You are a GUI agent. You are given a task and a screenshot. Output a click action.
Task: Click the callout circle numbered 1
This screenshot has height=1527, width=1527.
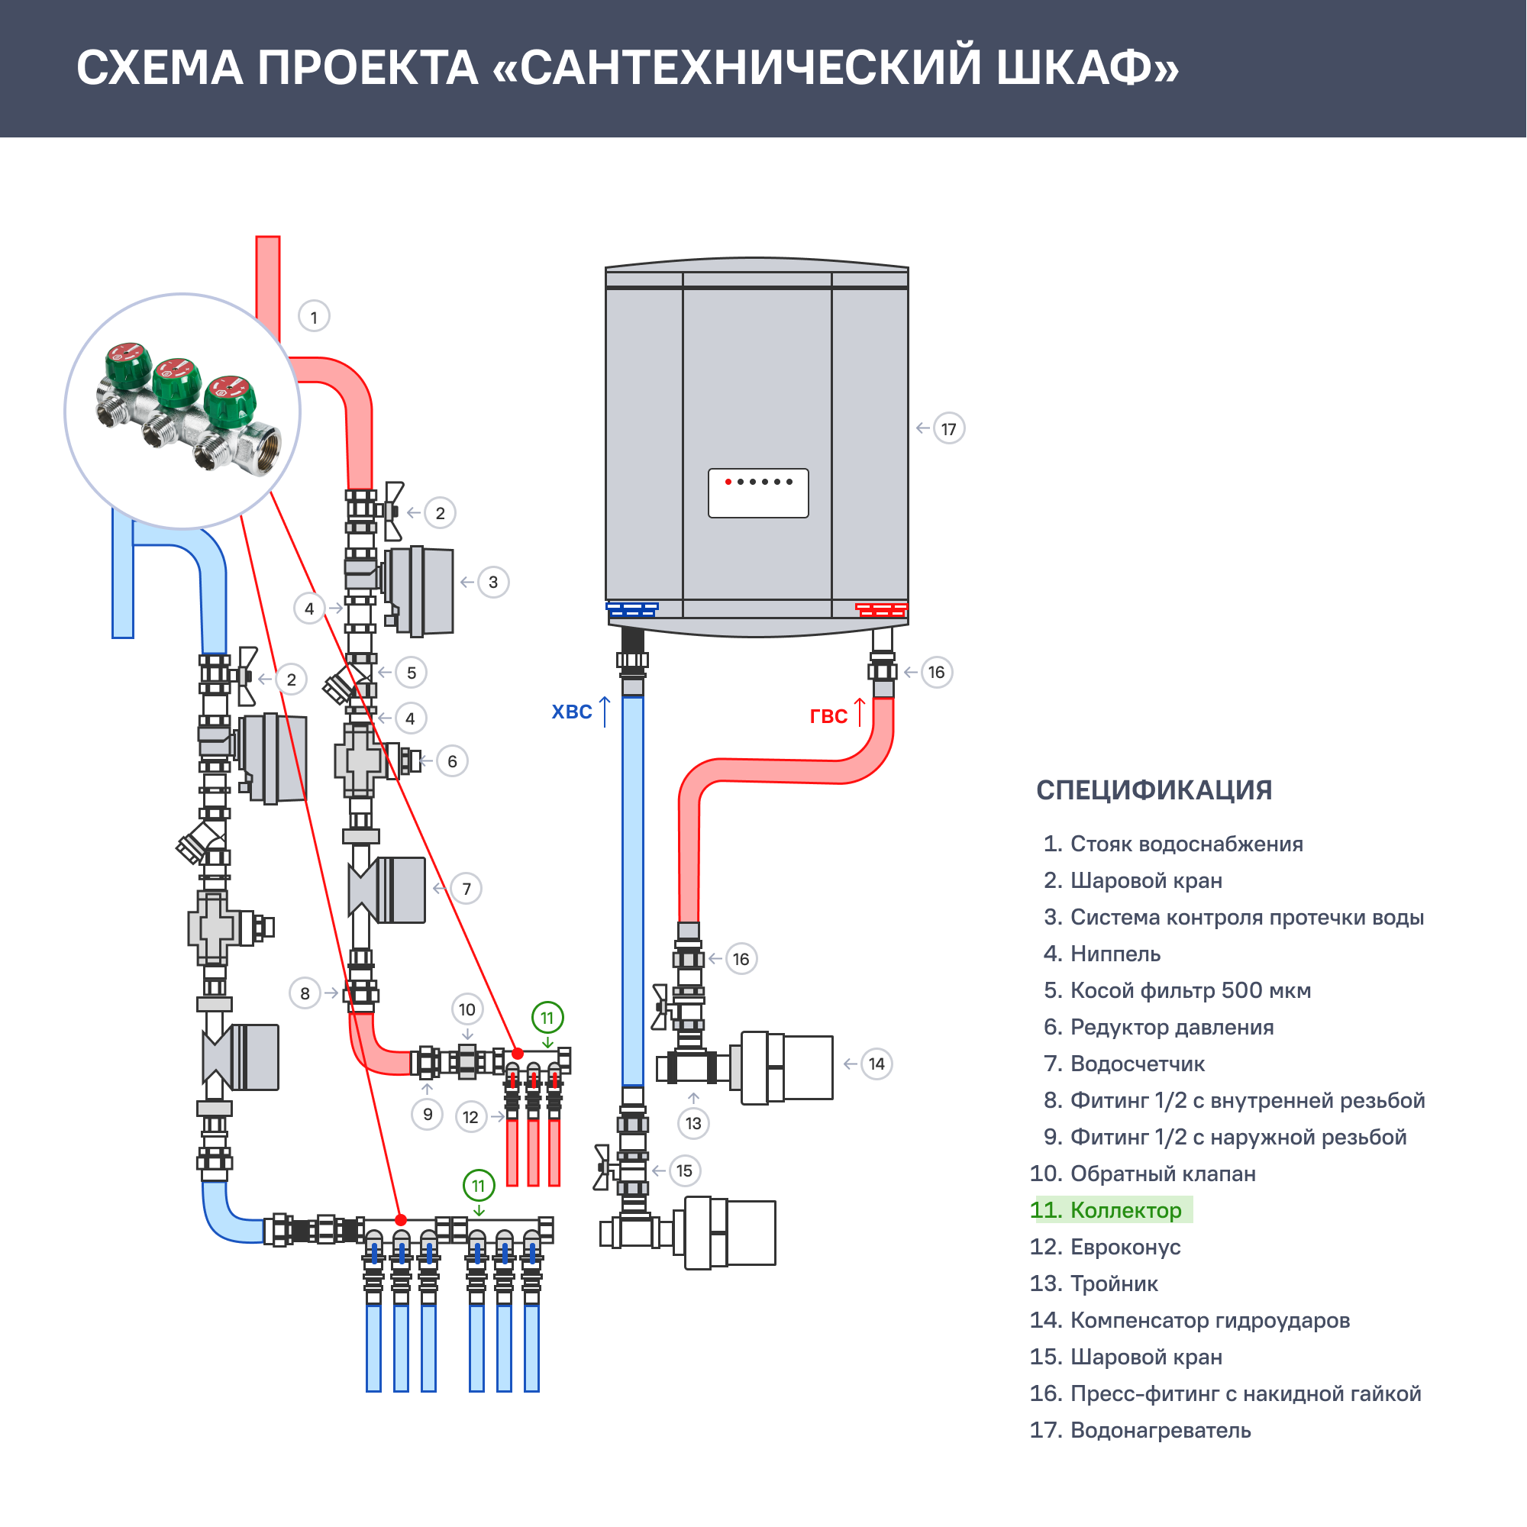pos(314,317)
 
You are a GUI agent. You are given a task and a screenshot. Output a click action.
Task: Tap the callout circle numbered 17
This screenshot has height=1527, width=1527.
pos(948,429)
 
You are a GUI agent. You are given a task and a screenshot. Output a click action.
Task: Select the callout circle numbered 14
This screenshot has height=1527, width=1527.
pos(876,1064)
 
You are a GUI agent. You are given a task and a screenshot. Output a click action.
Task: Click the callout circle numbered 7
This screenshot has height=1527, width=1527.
pos(466,889)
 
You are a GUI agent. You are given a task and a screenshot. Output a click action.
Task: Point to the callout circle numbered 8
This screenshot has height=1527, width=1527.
pos(305,993)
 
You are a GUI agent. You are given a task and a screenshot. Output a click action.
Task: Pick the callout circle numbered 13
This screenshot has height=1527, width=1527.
pos(693,1123)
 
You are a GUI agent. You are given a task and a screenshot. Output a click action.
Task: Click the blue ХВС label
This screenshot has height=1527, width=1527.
pos(571,712)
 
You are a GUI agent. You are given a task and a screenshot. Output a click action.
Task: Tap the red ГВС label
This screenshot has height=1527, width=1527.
pos(828,716)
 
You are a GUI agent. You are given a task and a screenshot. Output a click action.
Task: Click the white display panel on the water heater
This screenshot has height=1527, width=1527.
pos(758,494)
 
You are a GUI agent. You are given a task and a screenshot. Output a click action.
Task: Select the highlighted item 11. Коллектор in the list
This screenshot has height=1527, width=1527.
pos(1110,1210)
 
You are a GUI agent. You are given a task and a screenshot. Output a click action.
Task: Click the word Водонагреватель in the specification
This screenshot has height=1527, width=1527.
pos(1161,1431)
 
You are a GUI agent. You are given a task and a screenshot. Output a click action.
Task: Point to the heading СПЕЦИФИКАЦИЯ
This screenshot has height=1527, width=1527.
pos(1154,790)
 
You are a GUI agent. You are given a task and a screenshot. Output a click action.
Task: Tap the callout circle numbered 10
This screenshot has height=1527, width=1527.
pos(467,1009)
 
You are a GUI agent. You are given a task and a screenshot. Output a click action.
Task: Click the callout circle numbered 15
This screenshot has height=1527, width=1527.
pos(684,1170)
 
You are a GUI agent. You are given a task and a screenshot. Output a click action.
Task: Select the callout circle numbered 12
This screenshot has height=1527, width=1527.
pos(470,1117)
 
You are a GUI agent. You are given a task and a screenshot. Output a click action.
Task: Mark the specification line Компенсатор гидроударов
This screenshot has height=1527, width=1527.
pos(1209,1321)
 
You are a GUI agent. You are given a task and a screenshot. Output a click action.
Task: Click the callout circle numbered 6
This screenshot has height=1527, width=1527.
pos(452,761)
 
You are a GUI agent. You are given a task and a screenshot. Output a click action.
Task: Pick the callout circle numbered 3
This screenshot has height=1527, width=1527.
pos(493,583)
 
